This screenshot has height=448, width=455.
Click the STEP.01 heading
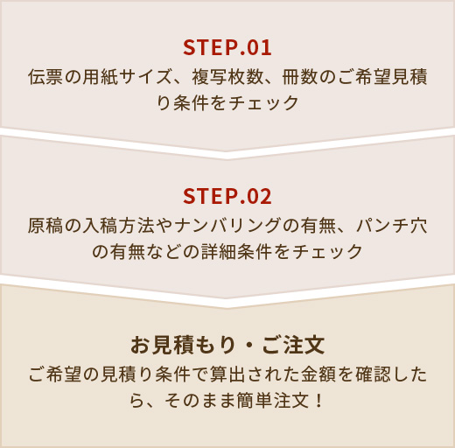pyautogui.click(x=227, y=48)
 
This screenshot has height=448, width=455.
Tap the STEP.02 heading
pyautogui.click(x=227, y=196)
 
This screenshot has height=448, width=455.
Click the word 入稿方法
pyautogui.click(x=118, y=226)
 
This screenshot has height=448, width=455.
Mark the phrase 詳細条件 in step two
pyautogui.click(x=236, y=251)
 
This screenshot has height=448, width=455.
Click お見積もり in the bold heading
pyautogui.click(x=183, y=345)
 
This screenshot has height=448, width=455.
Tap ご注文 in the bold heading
pyautogui.click(x=293, y=345)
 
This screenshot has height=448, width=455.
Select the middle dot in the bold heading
pyautogui.click(x=248, y=346)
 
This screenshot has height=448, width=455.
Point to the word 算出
pyautogui.click(x=227, y=374)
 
